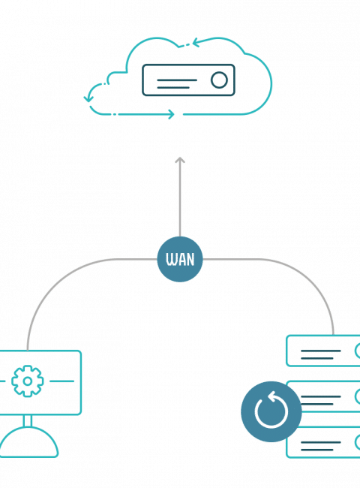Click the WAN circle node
click(x=180, y=259)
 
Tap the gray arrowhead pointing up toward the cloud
click(x=180, y=160)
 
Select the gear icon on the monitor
click(x=27, y=381)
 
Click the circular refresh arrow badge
click(x=271, y=411)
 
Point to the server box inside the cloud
click(x=188, y=80)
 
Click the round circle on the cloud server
click(x=219, y=80)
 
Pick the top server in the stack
click(x=323, y=351)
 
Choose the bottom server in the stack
click(x=323, y=442)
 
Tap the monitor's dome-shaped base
click(x=28, y=442)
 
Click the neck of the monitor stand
click(x=27, y=420)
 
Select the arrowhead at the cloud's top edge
click(x=196, y=43)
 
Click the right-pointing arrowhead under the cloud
click(x=171, y=114)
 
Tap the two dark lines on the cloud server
click(x=177, y=84)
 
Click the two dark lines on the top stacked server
click(x=320, y=354)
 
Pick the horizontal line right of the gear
click(x=61, y=381)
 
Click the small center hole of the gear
click(x=27, y=381)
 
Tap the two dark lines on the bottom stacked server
click(x=320, y=446)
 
